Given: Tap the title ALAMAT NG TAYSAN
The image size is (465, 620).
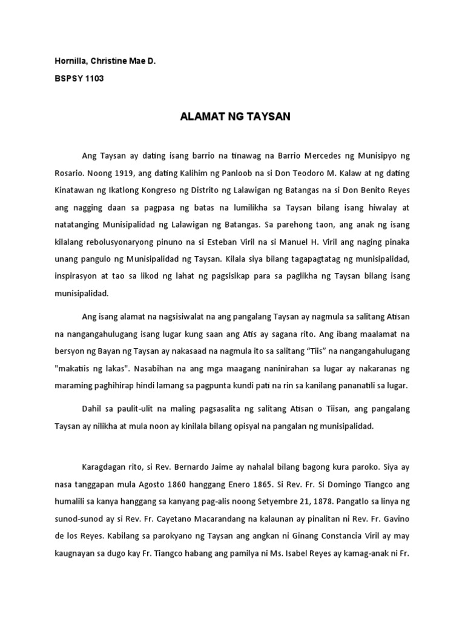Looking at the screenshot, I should pos(236,117).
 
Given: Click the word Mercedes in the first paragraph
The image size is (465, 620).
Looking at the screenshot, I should pos(304,156).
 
